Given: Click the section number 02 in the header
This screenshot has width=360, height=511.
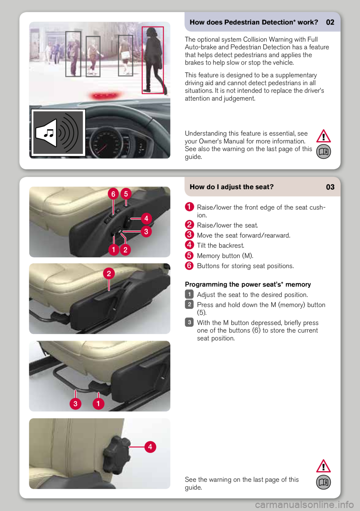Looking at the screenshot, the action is coord(330,23).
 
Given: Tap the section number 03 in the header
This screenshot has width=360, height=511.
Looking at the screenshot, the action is coord(330,187).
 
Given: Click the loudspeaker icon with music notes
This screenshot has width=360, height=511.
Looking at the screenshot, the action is coord(58,133).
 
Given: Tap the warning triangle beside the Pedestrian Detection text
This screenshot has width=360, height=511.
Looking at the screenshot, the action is coord(323,136).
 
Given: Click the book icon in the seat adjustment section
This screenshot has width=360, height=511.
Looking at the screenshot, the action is coord(323,482).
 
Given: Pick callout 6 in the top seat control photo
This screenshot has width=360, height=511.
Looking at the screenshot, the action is coord(113,194).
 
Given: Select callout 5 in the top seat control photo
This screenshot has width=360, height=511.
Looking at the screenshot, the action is coord(126,194).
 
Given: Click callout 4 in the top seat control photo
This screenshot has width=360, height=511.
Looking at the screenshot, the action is coord(146,218).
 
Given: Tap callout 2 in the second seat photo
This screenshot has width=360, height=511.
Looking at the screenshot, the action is coord(109,274).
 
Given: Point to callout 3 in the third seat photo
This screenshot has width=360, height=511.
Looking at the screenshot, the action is coord(75,404).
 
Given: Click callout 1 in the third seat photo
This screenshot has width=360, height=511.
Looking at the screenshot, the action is coord(98,404).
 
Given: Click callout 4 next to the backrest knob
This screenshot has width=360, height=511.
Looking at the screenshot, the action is coord(150,447).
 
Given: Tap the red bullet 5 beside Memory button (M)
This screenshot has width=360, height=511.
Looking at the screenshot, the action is coord(189,255).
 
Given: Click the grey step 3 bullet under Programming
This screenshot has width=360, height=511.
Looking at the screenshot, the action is coord(189,322).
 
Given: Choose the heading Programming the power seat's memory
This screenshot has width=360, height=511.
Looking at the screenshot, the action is coord(248,284).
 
